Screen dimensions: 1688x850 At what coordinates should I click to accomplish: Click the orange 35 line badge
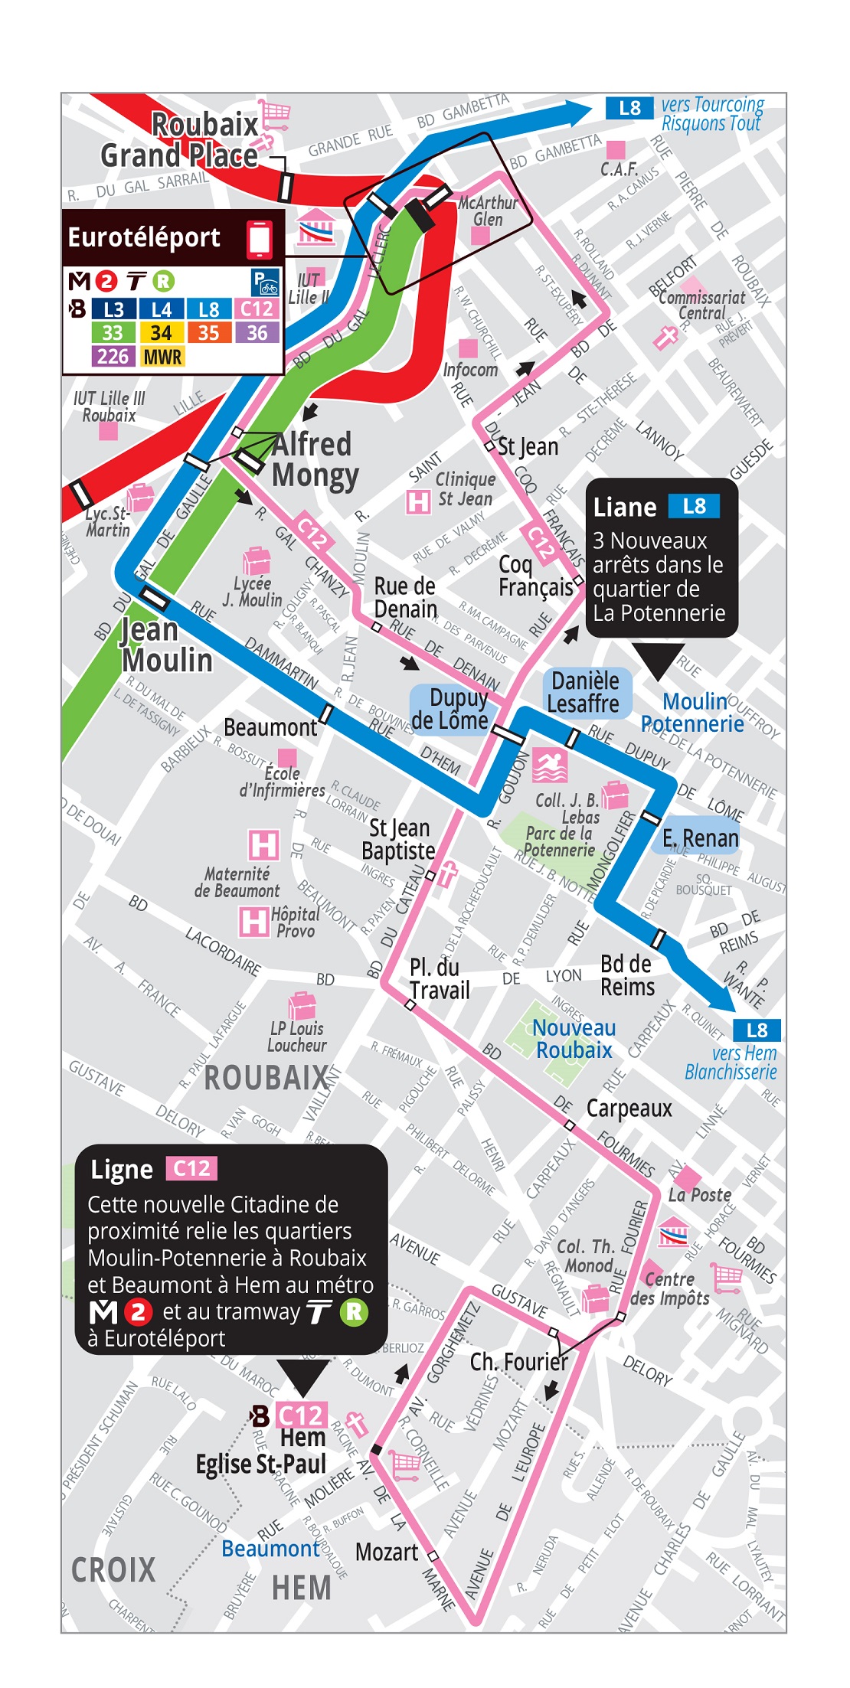pos(208,333)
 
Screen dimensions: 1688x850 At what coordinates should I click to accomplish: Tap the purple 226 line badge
pos(113,357)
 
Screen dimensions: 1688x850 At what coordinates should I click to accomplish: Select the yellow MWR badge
pos(162,357)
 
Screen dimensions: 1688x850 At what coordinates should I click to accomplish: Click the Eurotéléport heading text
pos(144,237)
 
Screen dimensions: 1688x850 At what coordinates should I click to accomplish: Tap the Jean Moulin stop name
pos(165,645)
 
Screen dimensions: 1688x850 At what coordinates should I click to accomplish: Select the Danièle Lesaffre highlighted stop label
pos(585,692)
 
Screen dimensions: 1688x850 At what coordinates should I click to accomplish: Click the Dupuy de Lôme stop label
pos(451,709)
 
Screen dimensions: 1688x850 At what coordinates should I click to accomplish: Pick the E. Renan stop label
pos(700,838)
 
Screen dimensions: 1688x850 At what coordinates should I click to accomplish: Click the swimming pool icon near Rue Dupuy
pos(550,765)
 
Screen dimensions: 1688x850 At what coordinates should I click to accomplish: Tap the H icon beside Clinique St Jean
pos(418,502)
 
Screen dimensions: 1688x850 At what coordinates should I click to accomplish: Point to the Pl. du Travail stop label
pos(439,978)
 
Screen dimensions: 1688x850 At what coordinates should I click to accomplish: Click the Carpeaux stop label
pos(629,1108)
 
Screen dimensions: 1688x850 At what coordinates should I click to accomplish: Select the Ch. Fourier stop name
pos(518,1362)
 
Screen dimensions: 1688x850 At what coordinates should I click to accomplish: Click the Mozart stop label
pos(387,1552)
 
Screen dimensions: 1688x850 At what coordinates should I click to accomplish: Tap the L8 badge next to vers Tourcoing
pos(629,108)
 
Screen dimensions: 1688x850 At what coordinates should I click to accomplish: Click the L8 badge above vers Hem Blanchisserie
pos(756,1030)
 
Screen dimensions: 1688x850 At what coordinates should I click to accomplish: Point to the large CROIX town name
pos(113,1570)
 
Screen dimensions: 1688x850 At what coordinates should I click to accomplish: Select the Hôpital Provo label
pos(295,922)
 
